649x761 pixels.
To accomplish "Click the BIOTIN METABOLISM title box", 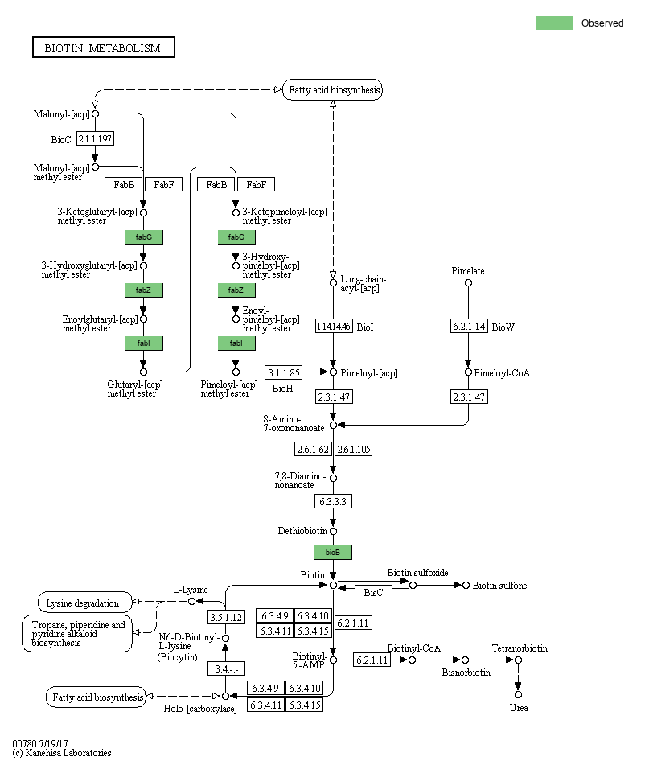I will pos(103,47).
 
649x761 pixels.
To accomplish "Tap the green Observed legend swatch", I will pos(554,23).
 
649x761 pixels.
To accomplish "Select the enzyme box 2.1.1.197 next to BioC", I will pos(95,139).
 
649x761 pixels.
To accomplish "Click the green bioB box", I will pos(333,553).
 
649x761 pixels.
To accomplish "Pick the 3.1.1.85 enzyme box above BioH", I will pos(284,372).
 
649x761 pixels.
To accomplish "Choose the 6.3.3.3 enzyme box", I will pos(333,501).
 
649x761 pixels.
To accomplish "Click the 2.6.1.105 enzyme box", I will pos(354,449).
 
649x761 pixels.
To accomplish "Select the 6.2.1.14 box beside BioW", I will pos(468,326).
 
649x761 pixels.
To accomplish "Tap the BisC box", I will pos(373,592).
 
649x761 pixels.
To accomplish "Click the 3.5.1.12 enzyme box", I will pos(226,617).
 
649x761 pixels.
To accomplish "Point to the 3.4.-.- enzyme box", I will pos(226,668).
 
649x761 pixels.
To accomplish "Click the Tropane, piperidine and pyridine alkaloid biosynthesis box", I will pos(77,634).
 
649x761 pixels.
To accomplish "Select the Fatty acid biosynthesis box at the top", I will pos(333,90).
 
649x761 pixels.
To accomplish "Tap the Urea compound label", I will pos(519,708).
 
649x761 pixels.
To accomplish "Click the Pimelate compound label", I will pos(468,271).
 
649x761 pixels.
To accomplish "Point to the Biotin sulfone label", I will pos(499,586).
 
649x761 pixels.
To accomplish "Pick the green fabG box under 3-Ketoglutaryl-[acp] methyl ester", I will pos(144,237).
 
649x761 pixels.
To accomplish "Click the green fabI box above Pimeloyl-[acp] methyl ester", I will pos(236,343).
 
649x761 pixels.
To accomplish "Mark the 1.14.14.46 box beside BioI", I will pos(333,326).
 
